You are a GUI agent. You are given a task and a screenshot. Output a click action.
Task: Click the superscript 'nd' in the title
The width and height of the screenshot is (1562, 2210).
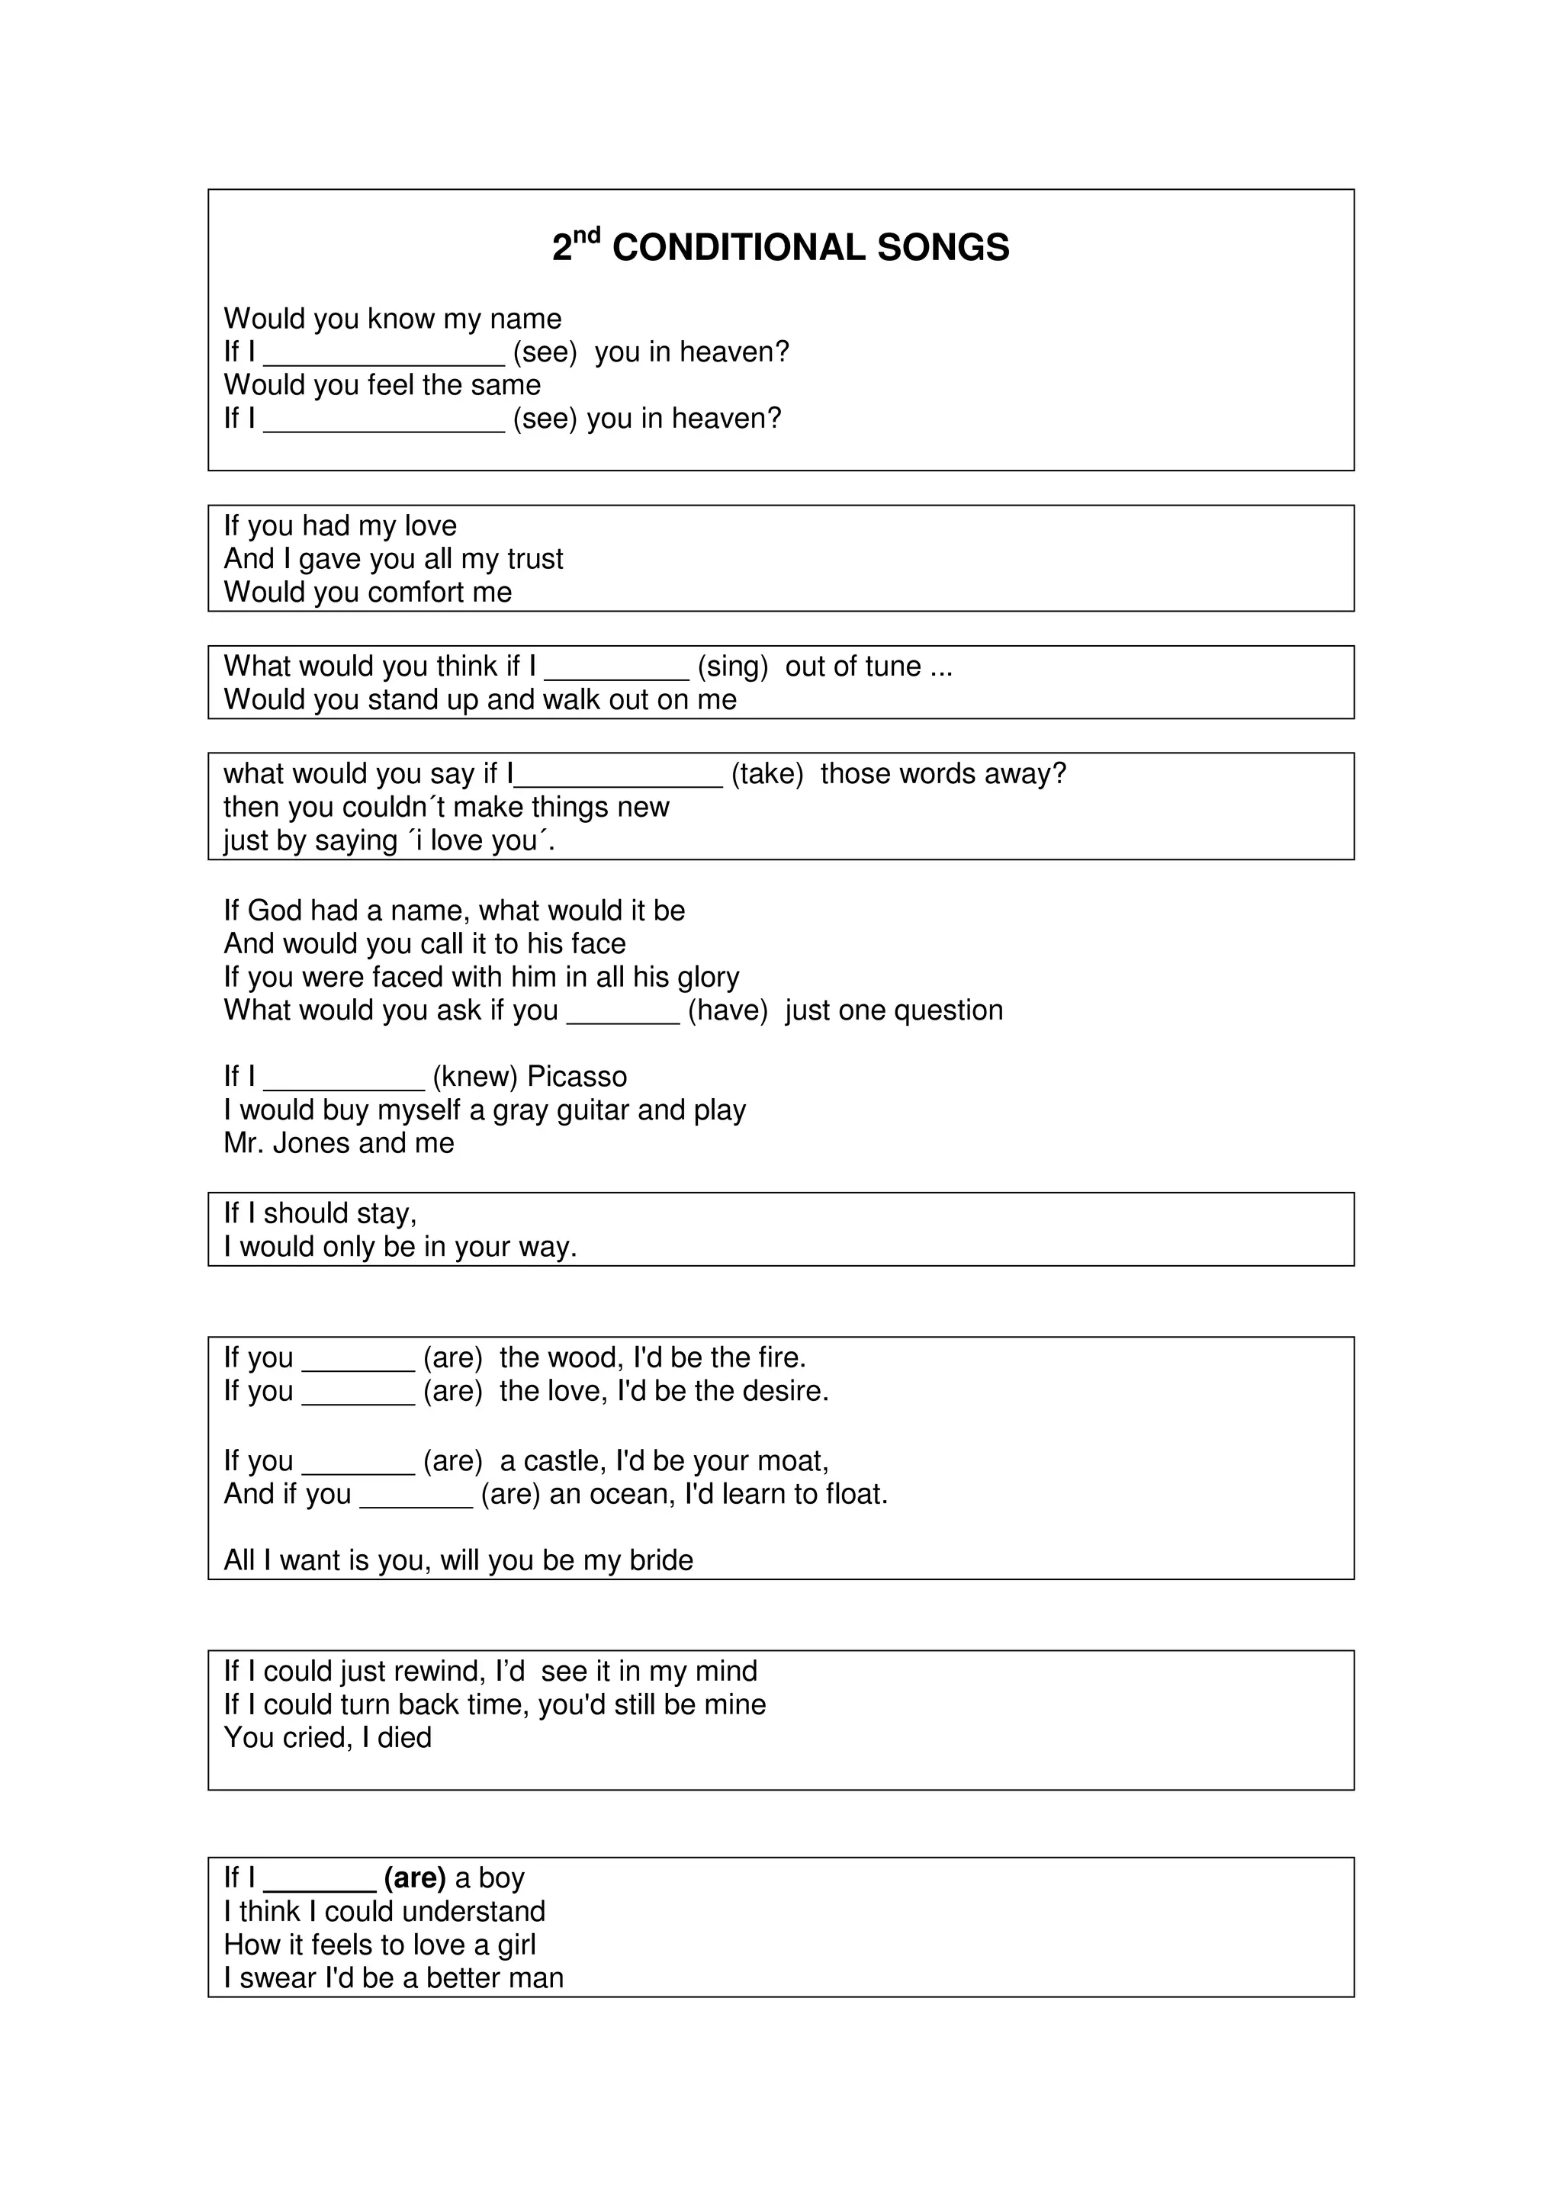[587, 235]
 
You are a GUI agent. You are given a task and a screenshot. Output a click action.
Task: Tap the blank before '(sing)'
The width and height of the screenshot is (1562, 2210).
[616, 668]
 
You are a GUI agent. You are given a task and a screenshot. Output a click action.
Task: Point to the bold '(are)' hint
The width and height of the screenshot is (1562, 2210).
[415, 1878]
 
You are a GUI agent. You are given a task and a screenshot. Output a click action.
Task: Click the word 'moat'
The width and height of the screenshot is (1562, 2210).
[791, 1461]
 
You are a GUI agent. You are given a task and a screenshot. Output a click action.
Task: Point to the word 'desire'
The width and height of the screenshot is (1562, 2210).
[779, 1391]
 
